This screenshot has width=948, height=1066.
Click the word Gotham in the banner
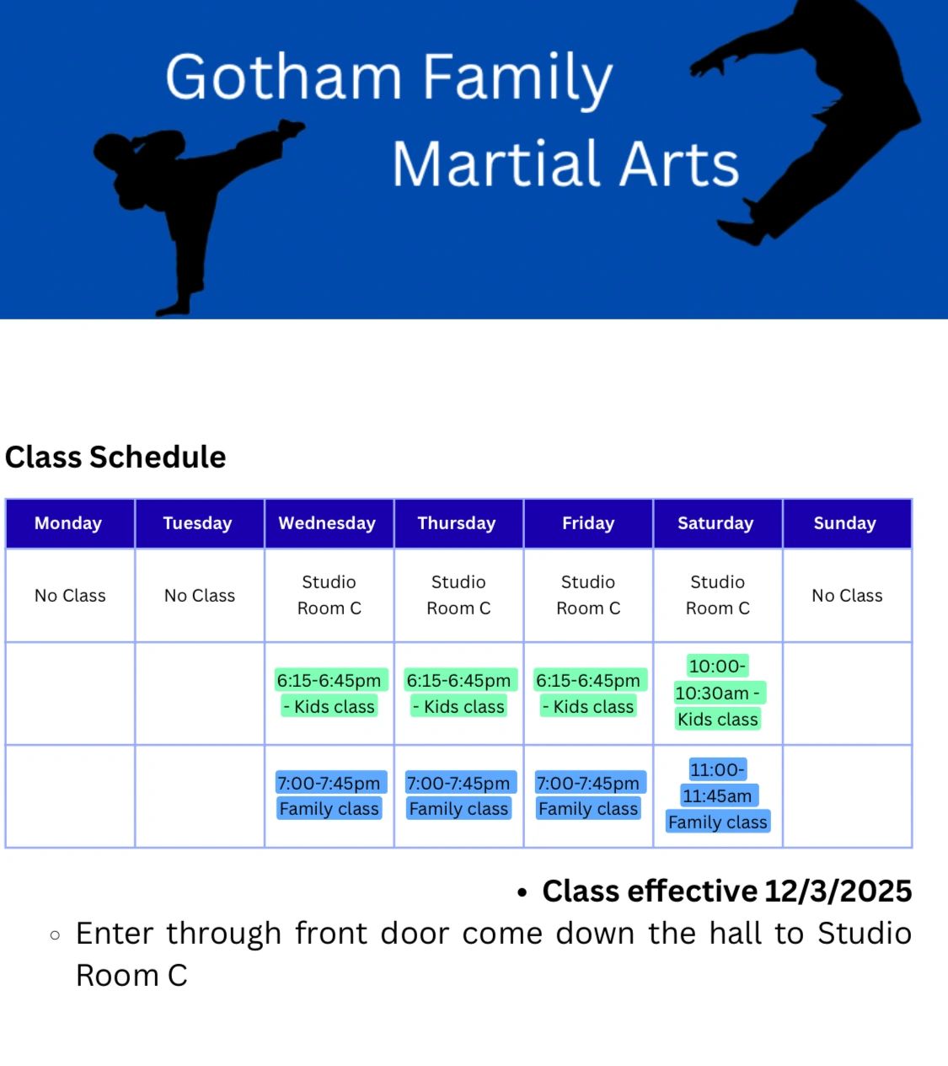click(284, 77)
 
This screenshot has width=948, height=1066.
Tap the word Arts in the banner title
click(679, 163)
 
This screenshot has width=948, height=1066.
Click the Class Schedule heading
click(115, 457)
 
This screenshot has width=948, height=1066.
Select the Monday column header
click(68, 523)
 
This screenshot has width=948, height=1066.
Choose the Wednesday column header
click(327, 523)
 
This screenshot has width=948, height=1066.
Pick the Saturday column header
click(715, 523)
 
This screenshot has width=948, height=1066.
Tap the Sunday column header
click(845, 523)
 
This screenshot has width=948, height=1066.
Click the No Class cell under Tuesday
click(200, 595)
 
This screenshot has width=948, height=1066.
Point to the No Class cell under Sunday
click(847, 595)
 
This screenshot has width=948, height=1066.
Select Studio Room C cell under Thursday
click(458, 595)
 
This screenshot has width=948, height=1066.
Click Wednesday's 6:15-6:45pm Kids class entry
click(329, 693)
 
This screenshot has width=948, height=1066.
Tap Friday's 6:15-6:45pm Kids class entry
click(588, 693)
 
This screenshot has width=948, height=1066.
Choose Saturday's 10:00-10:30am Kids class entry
click(718, 693)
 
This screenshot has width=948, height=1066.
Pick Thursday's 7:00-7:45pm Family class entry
click(458, 795)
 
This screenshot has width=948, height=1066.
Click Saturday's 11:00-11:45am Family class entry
click(718, 795)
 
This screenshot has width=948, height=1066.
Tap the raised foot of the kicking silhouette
click(291, 129)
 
